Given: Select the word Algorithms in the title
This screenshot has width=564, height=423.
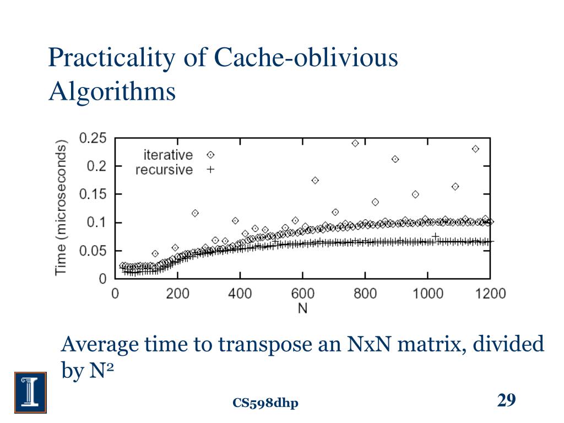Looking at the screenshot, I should coord(112,92).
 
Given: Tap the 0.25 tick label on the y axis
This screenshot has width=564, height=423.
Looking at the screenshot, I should coord(93,138).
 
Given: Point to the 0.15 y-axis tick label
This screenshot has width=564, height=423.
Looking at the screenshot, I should coord(93,194).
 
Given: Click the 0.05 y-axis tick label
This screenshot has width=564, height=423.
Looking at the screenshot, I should coord(93,251).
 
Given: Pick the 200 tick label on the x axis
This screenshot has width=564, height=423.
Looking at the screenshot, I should coord(177,293).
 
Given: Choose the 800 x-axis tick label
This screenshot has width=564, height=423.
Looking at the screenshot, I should coord(365,293).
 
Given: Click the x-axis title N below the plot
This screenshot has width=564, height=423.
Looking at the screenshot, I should coord(302,308).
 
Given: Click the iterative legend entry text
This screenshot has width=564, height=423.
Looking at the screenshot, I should coord(168,155).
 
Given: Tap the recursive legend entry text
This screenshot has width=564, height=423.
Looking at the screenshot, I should coord(164,170).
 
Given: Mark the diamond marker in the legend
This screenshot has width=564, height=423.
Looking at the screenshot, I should coord(210,155).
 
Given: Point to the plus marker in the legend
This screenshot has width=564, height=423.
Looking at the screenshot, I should coord(210,170).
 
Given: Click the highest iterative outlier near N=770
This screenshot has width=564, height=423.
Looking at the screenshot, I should coord(355,143).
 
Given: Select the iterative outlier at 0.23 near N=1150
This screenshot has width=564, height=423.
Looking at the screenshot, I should coord(475,149).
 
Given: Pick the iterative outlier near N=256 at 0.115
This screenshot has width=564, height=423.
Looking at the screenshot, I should coord(195,213).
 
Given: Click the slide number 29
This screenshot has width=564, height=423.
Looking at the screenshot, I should coord(506,400).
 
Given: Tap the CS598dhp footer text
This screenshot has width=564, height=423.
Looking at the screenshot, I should coord(265,404).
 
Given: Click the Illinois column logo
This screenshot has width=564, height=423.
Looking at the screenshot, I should coord(30,392).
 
